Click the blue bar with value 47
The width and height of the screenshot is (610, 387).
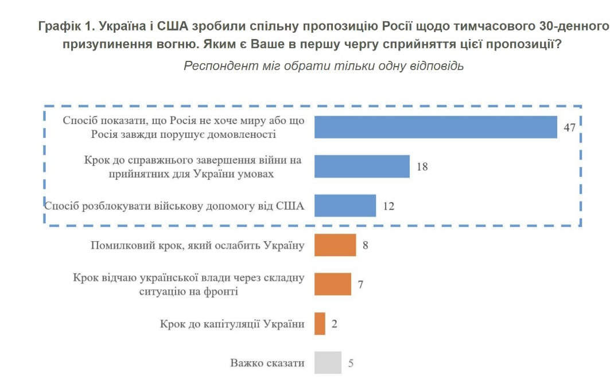[x=436, y=127]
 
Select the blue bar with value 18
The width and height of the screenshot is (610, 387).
[x=362, y=167]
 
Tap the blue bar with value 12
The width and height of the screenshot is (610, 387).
[x=345, y=206]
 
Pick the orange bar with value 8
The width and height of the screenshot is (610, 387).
[x=335, y=245]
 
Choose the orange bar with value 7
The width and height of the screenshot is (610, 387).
[x=333, y=284]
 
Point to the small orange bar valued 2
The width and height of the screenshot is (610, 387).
[x=320, y=323]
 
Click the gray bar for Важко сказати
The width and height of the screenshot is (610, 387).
[x=328, y=362]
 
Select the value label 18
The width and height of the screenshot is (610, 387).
[x=422, y=167]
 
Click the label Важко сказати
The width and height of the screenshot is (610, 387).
[x=267, y=363]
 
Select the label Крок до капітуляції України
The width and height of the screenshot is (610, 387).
[x=232, y=324]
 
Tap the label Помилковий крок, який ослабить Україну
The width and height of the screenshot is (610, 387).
[x=197, y=246]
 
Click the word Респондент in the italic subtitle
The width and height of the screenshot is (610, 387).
[x=216, y=65]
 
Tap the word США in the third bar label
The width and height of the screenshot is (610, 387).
[x=290, y=204]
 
